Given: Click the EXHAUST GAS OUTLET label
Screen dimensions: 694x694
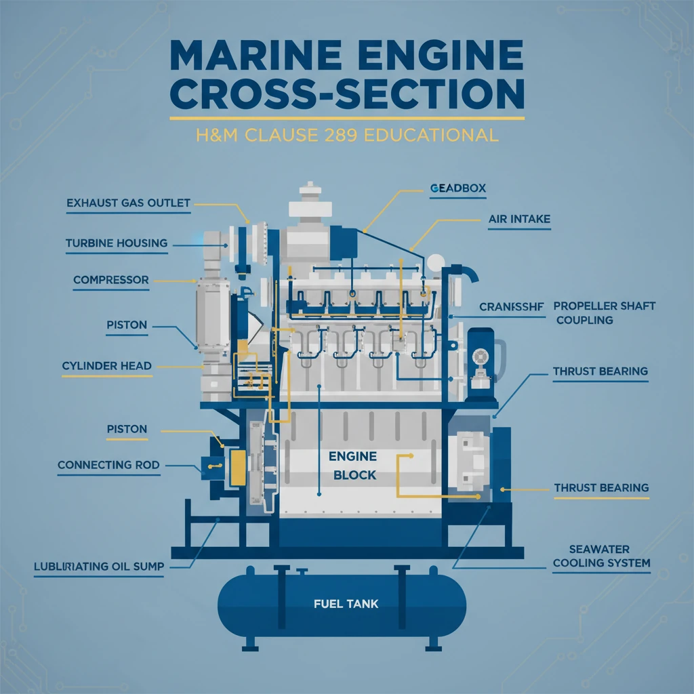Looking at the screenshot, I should [x=128, y=203].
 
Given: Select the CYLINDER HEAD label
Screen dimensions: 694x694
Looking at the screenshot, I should [x=106, y=366].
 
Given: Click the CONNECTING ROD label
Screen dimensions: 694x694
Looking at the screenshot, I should [x=108, y=465].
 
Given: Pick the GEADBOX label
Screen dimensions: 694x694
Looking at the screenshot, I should [x=458, y=188].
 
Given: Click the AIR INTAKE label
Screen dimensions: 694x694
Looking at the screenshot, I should [x=518, y=220].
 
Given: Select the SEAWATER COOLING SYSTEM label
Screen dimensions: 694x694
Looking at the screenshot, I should [x=600, y=556].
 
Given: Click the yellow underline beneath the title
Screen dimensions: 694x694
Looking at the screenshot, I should [x=347, y=119].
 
